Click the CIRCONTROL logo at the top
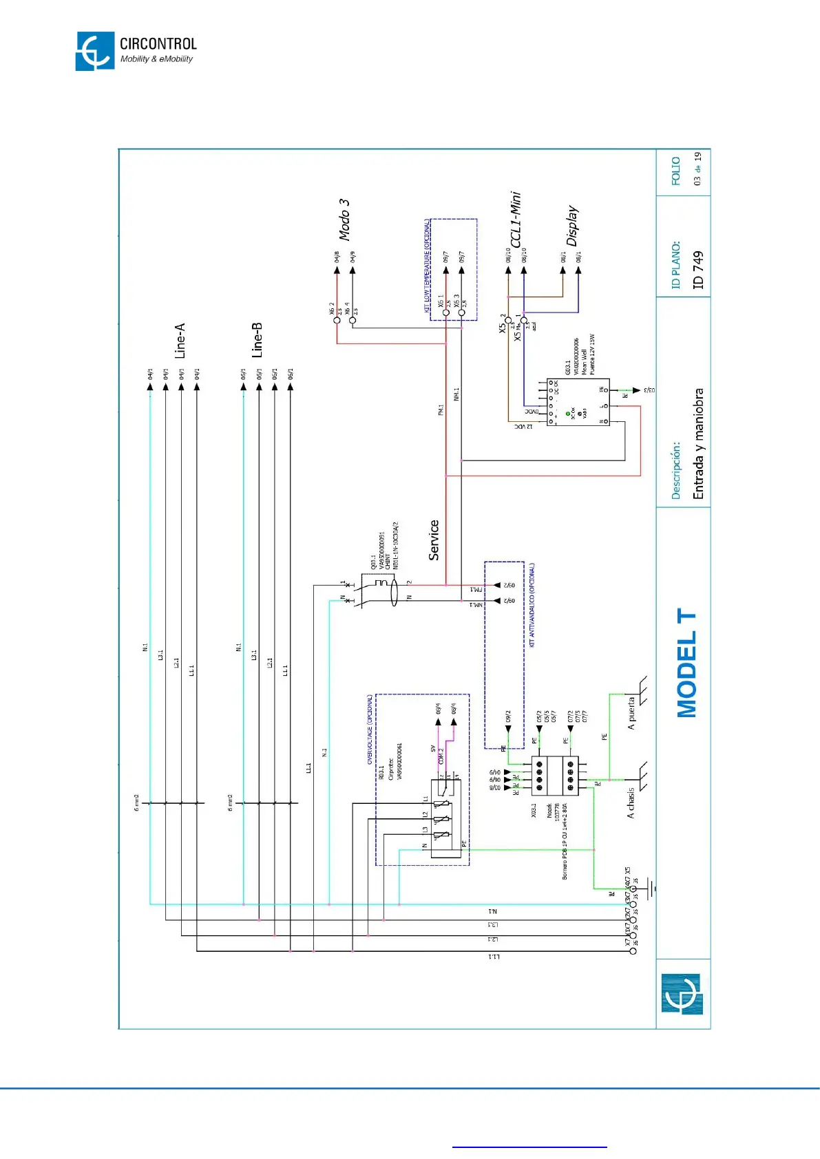136,51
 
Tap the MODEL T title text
687,663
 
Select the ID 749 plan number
698,270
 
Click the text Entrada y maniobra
698,444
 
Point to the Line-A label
180,341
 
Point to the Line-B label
257,340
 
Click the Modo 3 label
344,220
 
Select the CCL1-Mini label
516,220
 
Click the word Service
434,540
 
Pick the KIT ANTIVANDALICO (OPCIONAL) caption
532,605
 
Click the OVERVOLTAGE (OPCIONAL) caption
370,729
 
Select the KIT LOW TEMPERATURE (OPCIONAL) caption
427,266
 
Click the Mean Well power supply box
578,402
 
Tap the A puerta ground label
631,713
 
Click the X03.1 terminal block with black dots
555,776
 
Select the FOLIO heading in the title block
676,171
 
